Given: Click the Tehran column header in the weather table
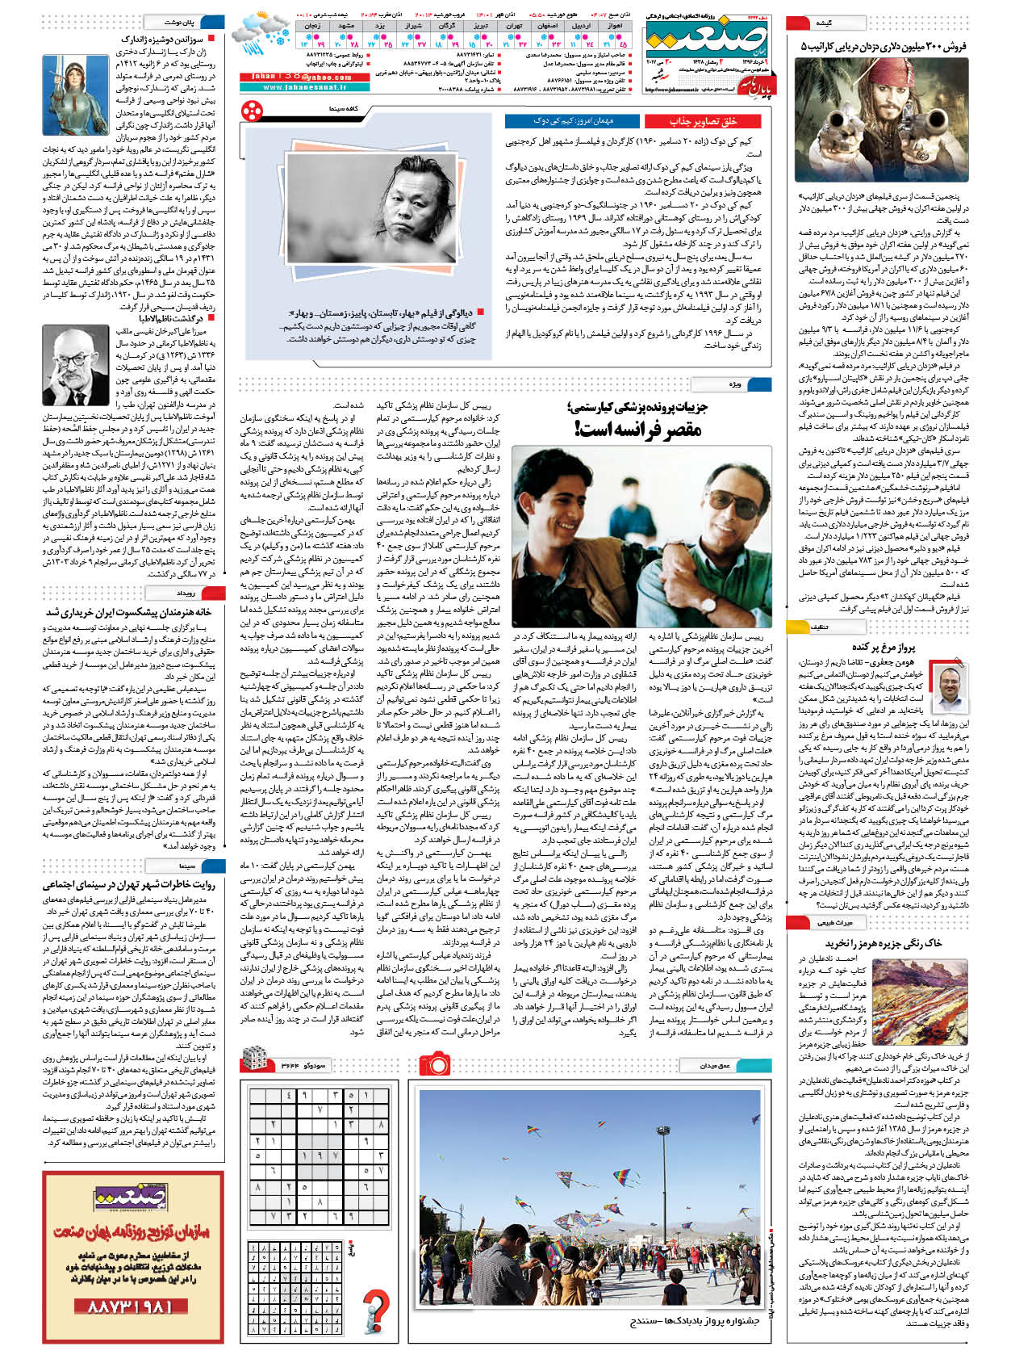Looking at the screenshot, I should pyautogui.click(x=514, y=26).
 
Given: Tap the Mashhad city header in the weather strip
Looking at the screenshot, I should pyautogui.click(x=347, y=26).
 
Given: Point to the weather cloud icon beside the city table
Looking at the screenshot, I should pyautogui.click(x=261, y=32).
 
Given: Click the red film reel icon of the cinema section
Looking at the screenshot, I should pyautogui.click(x=252, y=108).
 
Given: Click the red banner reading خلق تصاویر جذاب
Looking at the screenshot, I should pyautogui.click(x=704, y=121).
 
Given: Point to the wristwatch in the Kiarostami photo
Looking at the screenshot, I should pyautogui.click(x=708, y=602).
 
